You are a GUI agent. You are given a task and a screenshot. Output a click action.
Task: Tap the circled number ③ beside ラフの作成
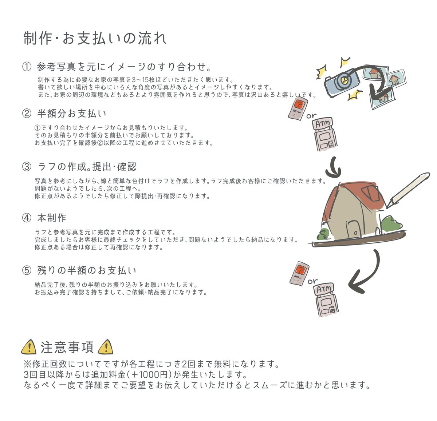tap(27, 167)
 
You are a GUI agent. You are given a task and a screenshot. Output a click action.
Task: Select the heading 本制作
tap(52, 218)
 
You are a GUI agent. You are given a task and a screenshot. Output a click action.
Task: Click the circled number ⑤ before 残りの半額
tap(27, 270)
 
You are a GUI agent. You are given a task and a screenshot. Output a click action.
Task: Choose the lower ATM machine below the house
tap(326, 299)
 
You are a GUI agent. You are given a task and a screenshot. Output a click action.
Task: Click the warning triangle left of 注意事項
tap(29, 347)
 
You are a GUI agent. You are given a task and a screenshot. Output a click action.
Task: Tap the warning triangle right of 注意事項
tap(106, 347)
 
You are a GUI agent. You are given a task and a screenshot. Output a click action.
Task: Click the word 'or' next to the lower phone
tap(312, 281)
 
